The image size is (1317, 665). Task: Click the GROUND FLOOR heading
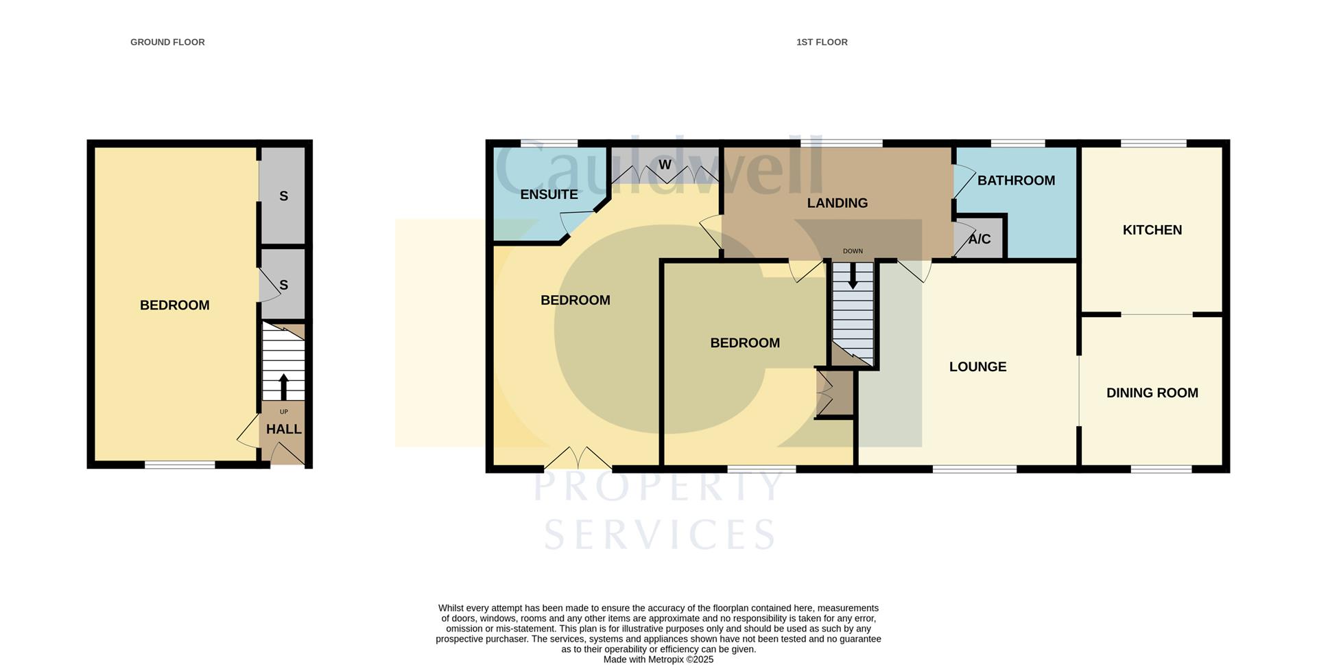pyautogui.click(x=167, y=43)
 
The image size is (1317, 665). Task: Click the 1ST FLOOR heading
pyautogui.click(x=822, y=43)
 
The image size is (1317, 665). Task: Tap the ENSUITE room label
pyautogui.click(x=549, y=194)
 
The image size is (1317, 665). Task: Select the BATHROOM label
pyautogui.click(x=1016, y=180)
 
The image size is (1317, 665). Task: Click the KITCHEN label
pyautogui.click(x=1152, y=230)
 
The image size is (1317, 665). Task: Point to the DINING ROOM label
pyautogui.click(x=1152, y=393)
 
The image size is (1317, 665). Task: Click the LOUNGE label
pyautogui.click(x=977, y=366)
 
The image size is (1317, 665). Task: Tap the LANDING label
pyautogui.click(x=837, y=203)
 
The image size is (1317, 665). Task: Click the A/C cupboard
pyautogui.click(x=980, y=240)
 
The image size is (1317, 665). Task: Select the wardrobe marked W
pyautogui.click(x=665, y=165)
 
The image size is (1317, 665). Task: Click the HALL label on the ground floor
pyautogui.click(x=283, y=429)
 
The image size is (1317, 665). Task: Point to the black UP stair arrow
pyautogui.click(x=283, y=386)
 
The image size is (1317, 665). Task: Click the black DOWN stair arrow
pyautogui.click(x=853, y=276)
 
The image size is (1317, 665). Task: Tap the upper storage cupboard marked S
pyautogui.click(x=283, y=196)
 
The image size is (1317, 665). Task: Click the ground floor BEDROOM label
pyautogui.click(x=174, y=305)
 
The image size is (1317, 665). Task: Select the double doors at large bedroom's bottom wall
pyautogui.click(x=578, y=458)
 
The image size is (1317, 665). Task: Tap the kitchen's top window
pyautogui.click(x=1153, y=143)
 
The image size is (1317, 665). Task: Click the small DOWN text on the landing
pyautogui.click(x=853, y=251)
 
